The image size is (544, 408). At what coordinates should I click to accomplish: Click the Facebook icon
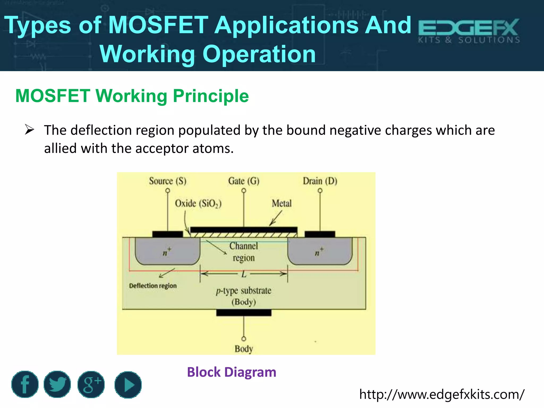25,384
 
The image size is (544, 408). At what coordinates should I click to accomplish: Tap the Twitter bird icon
57,384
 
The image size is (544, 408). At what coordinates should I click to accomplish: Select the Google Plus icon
91,384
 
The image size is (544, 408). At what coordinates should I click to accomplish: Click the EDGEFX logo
469,31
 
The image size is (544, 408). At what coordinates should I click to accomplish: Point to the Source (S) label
168,181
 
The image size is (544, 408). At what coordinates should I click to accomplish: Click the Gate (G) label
244,181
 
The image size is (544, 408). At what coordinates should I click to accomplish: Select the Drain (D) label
320,181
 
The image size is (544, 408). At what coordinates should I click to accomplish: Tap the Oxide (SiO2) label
198,204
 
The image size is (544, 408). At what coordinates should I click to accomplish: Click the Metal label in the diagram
282,203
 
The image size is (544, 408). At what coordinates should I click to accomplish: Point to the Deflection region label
153,286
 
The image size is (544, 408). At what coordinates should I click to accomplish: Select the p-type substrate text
244,291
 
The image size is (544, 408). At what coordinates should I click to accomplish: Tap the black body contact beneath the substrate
244,313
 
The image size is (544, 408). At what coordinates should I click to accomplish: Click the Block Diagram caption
232,372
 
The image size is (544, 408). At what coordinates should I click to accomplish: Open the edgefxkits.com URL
442,394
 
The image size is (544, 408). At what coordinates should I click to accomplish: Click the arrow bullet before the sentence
29,130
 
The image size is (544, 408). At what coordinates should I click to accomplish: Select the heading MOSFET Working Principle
132,96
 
